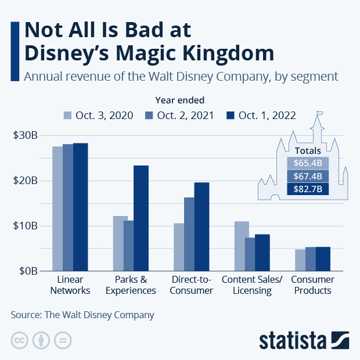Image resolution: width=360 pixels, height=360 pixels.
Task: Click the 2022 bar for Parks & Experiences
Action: [x=141, y=218]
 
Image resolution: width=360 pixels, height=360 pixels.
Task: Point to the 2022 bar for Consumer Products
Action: [x=323, y=259]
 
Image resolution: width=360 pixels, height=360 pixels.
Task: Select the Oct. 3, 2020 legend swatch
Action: [x=67, y=115]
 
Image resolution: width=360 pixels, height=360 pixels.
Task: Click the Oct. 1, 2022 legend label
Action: [x=269, y=115]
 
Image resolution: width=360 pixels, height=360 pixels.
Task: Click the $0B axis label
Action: [x=27, y=271]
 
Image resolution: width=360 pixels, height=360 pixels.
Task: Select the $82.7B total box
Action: [x=308, y=189]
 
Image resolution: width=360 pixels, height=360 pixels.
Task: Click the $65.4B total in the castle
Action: [x=308, y=163]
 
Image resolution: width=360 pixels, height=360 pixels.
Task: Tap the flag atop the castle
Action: [x=320, y=114]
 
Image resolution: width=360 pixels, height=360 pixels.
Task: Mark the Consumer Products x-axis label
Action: [x=312, y=285]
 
